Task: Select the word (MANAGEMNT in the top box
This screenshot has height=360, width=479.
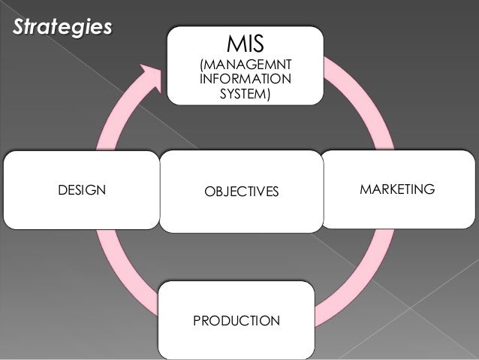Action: (x=245, y=66)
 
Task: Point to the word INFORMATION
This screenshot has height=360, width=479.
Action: (x=245, y=80)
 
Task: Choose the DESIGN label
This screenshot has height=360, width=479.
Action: (x=82, y=190)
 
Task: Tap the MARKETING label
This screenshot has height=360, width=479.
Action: (x=397, y=189)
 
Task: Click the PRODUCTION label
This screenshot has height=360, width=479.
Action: (x=236, y=321)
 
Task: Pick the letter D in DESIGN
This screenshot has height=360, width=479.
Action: (x=62, y=190)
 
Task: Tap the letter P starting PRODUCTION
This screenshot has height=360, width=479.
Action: (x=197, y=321)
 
